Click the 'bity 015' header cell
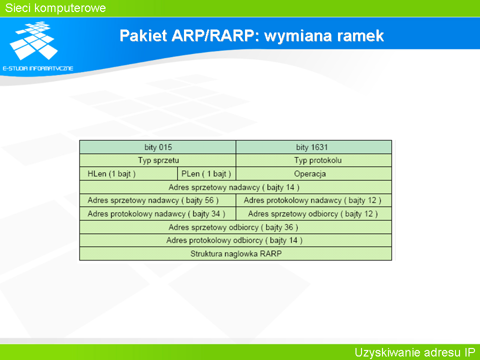click(x=157, y=147)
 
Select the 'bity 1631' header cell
click(x=314, y=147)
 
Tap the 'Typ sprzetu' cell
click(x=157, y=160)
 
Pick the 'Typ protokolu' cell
click(x=314, y=160)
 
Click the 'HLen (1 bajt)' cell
click(x=128, y=174)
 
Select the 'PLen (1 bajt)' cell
click(x=206, y=174)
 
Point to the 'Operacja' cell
click(x=314, y=174)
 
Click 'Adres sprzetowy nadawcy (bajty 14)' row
click(x=235, y=187)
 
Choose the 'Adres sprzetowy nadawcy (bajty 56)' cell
click(x=157, y=200)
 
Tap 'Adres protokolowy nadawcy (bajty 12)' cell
click(x=314, y=200)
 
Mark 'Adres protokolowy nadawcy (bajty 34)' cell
click(x=157, y=213)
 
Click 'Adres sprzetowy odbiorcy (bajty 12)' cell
click(x=314, y=213)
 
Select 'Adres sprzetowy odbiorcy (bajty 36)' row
click(x=235, y=227)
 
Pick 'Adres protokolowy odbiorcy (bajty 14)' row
click(x=235, y=240)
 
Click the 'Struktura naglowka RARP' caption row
click(x=235, y=253)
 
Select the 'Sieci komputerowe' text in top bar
click(x=55, y=8)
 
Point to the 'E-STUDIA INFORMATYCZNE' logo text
click(x=38, y=68)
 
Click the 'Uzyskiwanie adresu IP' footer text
click(x=415, y=352)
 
